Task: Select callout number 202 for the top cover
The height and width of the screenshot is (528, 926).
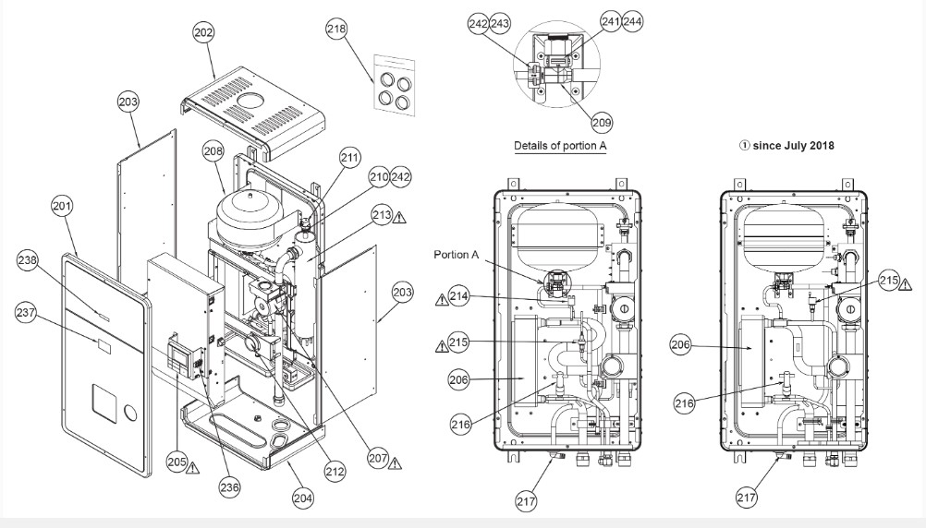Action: [203, 33]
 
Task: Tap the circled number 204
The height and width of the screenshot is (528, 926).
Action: [302, 499]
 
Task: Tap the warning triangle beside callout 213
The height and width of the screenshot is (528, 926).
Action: [399, 217]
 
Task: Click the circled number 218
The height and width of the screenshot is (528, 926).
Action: [337, 30]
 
